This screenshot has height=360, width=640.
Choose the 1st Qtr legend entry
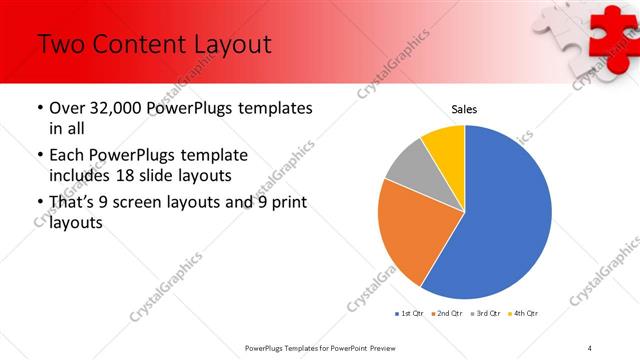point(411,314)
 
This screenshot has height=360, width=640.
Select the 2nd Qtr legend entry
point(448,314)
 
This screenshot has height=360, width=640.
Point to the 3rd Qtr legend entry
point(485,314)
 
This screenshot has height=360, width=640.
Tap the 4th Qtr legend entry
point(522,314)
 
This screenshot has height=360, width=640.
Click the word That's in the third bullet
point(76,204)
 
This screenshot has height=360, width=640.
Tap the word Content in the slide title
point(140,44)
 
